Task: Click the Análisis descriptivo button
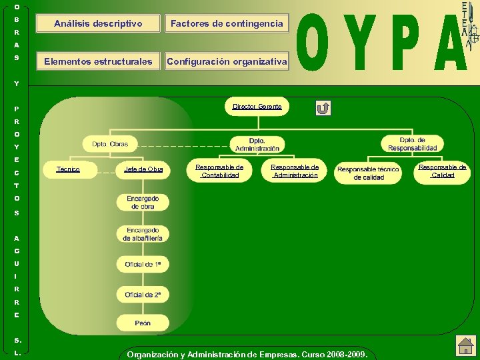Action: [98, 23]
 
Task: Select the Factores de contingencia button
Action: [227, 23]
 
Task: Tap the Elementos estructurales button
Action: [98, 61]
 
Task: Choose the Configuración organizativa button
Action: [227, 61]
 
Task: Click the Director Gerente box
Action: [257, 107]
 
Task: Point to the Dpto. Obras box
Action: [110, 144]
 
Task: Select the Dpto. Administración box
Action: [257, 144]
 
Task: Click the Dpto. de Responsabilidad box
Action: [413, 143]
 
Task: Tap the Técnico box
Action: [69, 169]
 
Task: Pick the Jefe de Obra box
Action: [143, 169]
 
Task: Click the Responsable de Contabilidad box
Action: [220, 171]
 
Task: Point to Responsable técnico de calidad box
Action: [368, 173]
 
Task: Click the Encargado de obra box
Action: [143, 203]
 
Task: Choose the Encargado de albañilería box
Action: [143, 234]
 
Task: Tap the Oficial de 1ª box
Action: [143, 264]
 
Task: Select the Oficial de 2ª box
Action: [143, 294]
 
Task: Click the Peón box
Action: [143, 323]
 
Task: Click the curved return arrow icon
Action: [323, 108]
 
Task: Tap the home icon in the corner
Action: [465, 345]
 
